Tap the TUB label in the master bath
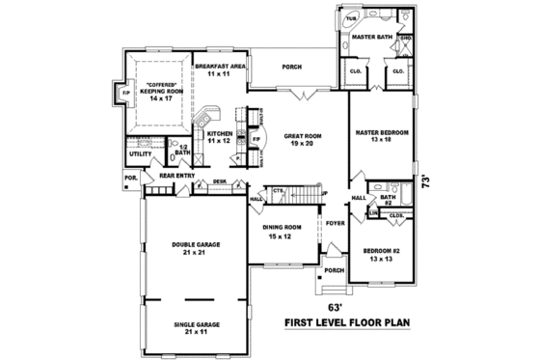click(x=351, y=18)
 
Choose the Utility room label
click(x=141, y=153)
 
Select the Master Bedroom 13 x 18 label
click(x=381, y=135)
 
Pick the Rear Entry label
click(x=176, y=176)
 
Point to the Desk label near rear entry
click(x=220, y=180)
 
